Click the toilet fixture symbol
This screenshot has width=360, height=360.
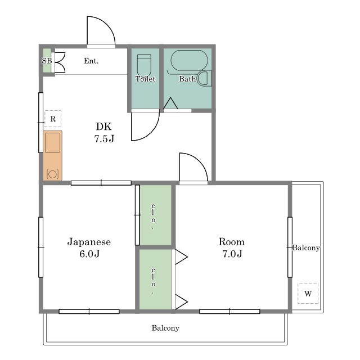(144, 65)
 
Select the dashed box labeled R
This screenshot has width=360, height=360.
(53, 119)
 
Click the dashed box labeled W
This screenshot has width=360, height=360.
(308, 293)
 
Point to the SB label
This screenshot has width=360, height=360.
(47, 61)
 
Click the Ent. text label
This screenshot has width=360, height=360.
(91, 61)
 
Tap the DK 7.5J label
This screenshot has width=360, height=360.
(104, 133)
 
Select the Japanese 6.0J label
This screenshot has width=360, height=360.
(89, 247)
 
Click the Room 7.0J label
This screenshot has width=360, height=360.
(232, 247)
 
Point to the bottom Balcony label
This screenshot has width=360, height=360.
(165, 328)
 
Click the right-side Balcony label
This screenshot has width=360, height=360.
(306, 247)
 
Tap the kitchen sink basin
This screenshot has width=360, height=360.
(52, 143)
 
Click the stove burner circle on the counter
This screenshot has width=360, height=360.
(52, 174)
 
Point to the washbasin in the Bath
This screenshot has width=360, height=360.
(204, 79)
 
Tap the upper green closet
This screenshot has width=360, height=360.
(155, 215)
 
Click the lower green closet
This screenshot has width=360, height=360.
(155, 280)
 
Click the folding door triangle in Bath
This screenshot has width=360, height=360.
(170, 103)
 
